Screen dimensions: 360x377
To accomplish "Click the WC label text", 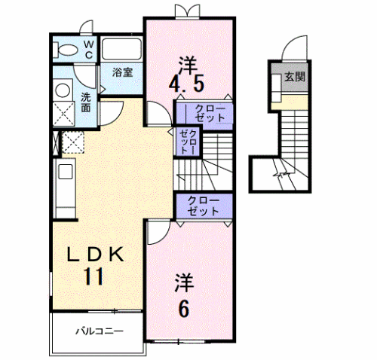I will tap(87, 50).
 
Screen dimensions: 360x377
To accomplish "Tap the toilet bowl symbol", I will tap(66, 51).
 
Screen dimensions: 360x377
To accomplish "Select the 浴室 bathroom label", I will tap(122, 73).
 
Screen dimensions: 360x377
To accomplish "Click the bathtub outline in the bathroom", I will tap(121, 50).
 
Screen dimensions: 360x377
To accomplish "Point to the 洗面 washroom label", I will tap(86, 101).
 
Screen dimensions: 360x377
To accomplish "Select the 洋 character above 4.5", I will tap(186, 59).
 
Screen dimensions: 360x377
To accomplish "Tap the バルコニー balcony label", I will tap(98, 332).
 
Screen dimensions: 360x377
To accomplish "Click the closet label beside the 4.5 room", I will tap(205, 113).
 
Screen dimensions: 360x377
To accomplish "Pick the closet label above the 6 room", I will tap(204, 206).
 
